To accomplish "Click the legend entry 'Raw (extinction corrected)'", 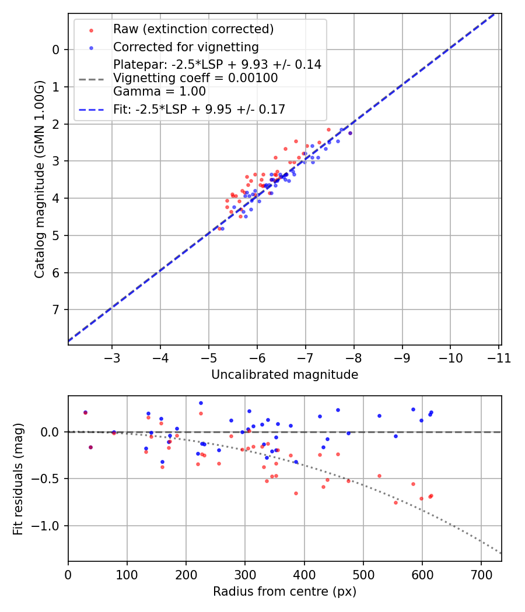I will (x=193, y=29).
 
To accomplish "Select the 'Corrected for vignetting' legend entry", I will (x=185, y=47).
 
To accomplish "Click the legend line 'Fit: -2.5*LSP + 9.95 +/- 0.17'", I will (x=199, y=109).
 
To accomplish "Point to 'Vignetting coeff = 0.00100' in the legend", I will (x=195, y=78).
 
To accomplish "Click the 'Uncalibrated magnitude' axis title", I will (x=285, y=375).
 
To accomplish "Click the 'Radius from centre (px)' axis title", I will (x=285, y=592).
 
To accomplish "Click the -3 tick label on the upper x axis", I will (x=112, y=357).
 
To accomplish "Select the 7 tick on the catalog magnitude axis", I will (x=56, y=309).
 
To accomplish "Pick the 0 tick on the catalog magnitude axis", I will (x=56, y=50).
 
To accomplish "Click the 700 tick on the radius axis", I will (x=481, y=574).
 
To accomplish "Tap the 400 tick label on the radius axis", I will (x=304, y=574).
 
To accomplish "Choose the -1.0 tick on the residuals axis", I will (x=49, y=526).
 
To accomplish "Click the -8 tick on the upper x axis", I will (x=353, y=357).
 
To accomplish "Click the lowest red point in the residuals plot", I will (x=395, y=502).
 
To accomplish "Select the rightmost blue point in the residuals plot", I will (x=431, y=412).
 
